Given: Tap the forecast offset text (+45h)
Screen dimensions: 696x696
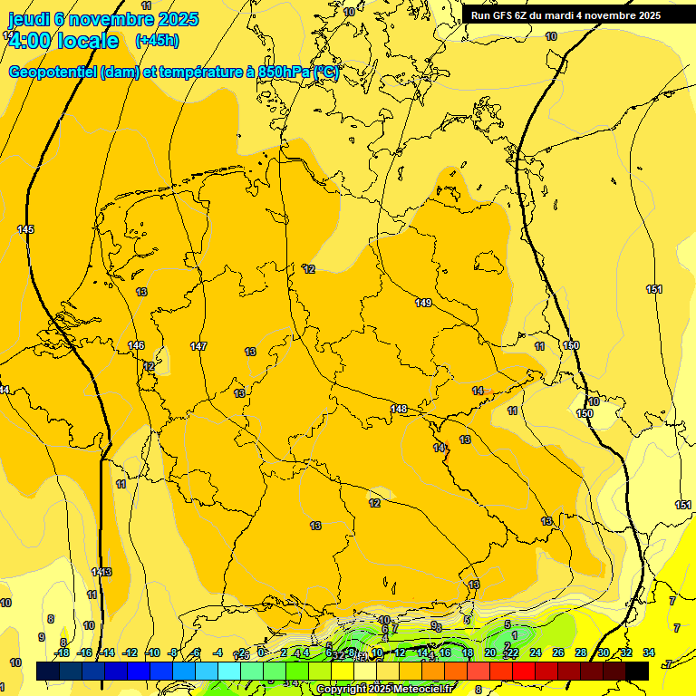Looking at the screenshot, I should (157, 41).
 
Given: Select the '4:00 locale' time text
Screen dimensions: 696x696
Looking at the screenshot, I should (63, 41).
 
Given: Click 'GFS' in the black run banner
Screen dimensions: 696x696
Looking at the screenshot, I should (505, 14).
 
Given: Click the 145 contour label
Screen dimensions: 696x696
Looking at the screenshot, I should (25, 229).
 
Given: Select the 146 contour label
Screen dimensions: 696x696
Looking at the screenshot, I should (136, 345).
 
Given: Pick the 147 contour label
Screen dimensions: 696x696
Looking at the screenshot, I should (198, 346).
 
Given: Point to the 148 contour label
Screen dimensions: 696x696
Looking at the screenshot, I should (399, 409).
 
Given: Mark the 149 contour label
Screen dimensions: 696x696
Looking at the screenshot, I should (423, 303).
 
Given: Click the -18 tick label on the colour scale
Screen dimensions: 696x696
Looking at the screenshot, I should (63, 652).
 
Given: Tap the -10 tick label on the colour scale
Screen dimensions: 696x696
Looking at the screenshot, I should (153, 652).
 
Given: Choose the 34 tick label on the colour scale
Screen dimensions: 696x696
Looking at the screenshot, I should (649, 652).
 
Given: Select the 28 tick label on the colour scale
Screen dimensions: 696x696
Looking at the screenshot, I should (581, 652).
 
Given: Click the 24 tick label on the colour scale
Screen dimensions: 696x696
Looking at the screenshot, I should (536, 652).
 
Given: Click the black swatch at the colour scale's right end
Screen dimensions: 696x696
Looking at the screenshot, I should (637, 671).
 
